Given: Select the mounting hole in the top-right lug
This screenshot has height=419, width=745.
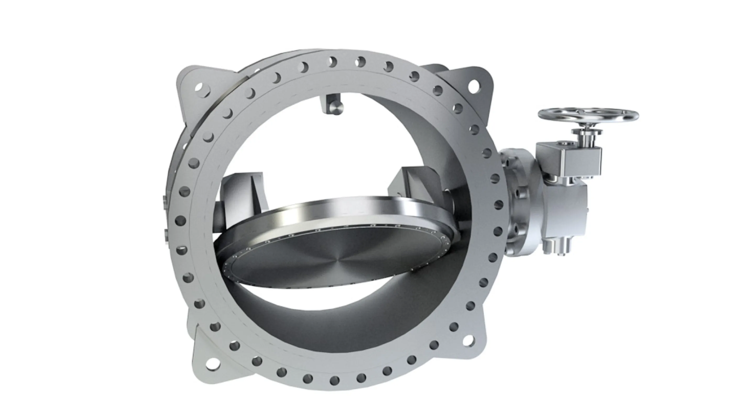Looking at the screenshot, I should click(473, 86).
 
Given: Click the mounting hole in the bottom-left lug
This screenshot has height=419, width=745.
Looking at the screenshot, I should click(212, 363).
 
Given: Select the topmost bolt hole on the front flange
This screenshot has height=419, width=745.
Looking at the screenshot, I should click(333, 62).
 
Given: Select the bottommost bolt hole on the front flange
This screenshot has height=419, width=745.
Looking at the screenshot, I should click(334, 380).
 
